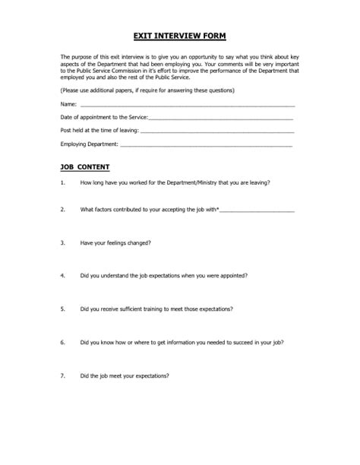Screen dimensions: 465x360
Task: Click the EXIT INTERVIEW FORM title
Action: click(x=179, y=36)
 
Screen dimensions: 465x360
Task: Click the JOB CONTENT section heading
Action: click(x=84, y=166)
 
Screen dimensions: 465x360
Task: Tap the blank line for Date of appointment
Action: click(x=221, y=118)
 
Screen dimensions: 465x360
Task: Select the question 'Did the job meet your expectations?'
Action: click(x=124, y=377)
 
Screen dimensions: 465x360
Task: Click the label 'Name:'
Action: click(x=68, y=103)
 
